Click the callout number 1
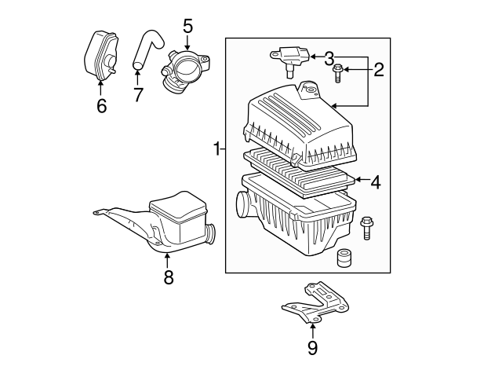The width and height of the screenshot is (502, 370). click(x=217, y=148)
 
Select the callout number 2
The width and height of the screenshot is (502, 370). click(x=378, y=71)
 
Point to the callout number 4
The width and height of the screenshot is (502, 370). click(x=375, y=182)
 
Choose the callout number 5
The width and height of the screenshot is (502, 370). click(x=187, y=26)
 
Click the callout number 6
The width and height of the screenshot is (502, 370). click(x=101, y=104)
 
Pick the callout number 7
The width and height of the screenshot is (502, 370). click(x=138, y=96)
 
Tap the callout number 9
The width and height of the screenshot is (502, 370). click(x=312, y=346)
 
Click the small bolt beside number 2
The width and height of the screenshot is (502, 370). click(x=337, y=74)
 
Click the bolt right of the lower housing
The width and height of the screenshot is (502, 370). click(x=366, y=227)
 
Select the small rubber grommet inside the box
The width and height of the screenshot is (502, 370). click(x=343, y=258)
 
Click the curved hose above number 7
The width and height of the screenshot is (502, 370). click(x=146, y=49)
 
